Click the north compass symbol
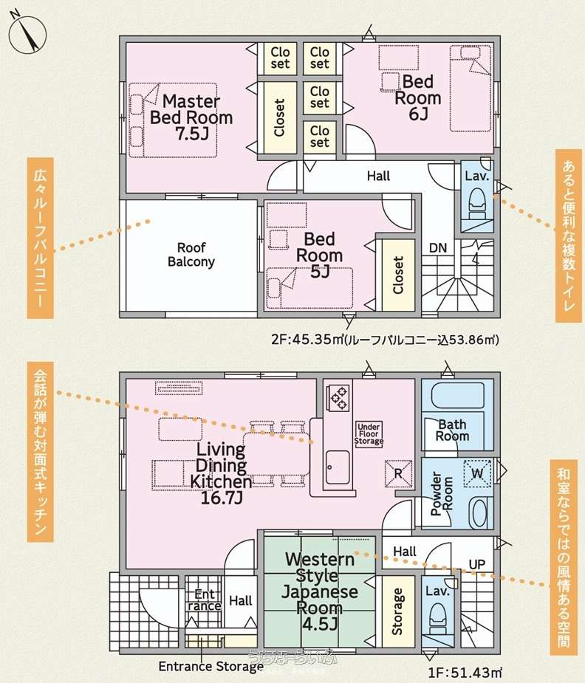tap(27, 35)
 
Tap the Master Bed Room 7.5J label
tap(191, 117)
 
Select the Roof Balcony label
tap(191, 255)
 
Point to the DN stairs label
tap(438, 248)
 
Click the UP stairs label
tap(477, 565)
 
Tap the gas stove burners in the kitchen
tap(339, 397)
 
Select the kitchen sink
tap(338, 467)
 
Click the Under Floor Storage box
tap(369, 434)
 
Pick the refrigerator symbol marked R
tap(398, 473)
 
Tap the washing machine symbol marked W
tap(477, 473)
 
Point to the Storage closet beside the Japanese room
tap(398, 611)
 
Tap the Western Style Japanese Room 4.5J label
tap(320, 591)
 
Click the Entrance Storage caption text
tap(211, 667)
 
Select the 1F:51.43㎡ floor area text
tap(465, 673)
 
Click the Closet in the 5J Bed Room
tap(398, 275)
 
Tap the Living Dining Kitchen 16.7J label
tap(222, 473)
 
